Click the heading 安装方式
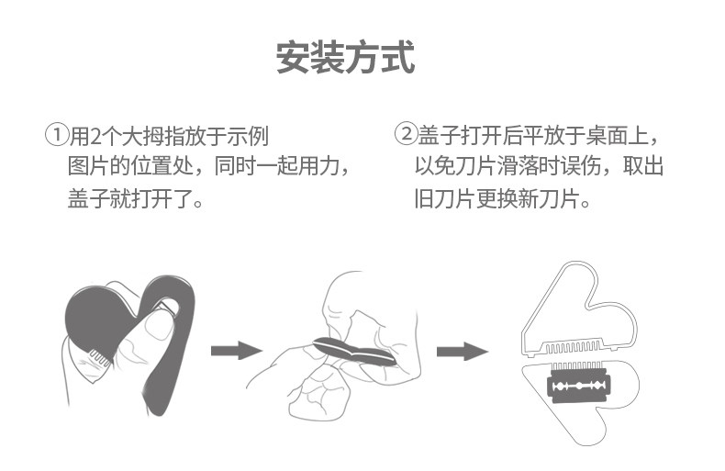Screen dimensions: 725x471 [x=345, y=57]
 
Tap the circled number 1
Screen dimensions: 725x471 [x=57, y=136]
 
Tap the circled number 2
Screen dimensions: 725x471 [x=407, y=136]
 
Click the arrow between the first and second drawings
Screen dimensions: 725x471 [x=236, y=351]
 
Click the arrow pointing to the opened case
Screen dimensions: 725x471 [x=461, y=351]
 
